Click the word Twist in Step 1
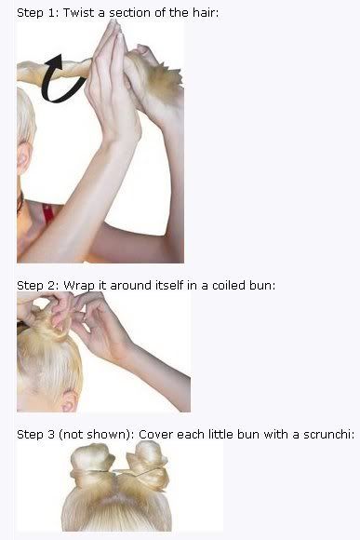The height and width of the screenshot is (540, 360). [78, 13]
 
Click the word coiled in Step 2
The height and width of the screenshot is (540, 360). [228, 286]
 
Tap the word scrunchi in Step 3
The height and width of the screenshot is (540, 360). [328, 435]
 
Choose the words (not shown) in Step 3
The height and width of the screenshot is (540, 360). [97, 435]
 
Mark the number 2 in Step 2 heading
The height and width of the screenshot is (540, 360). [53, 286]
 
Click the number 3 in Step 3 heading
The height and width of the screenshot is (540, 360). [51, 435]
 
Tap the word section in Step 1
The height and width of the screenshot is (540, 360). [129, 13]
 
